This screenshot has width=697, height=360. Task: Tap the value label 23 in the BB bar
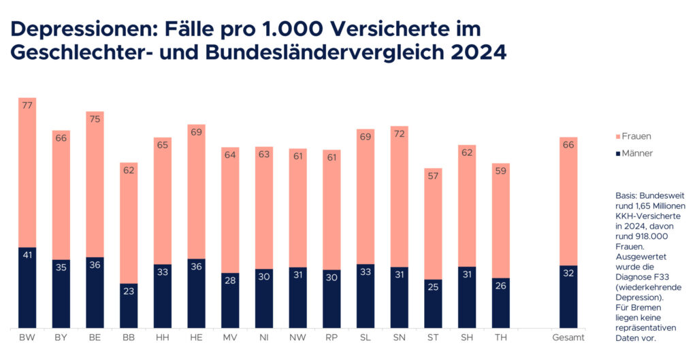[x=129, y=291]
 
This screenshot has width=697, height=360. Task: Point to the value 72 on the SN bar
[x=400, y=134]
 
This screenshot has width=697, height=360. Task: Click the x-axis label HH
[x=162, y=338]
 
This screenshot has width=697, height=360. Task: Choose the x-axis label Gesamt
[x=568, y=338]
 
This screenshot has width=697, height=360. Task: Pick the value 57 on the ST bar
[x=433, y=176]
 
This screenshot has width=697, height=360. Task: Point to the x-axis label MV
[x=230, y=338]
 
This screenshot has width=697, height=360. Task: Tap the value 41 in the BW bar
[x=27, y=255]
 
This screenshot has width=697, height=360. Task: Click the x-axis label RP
[x=331, y=338]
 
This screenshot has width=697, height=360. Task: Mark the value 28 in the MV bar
[x=230, y=280]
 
